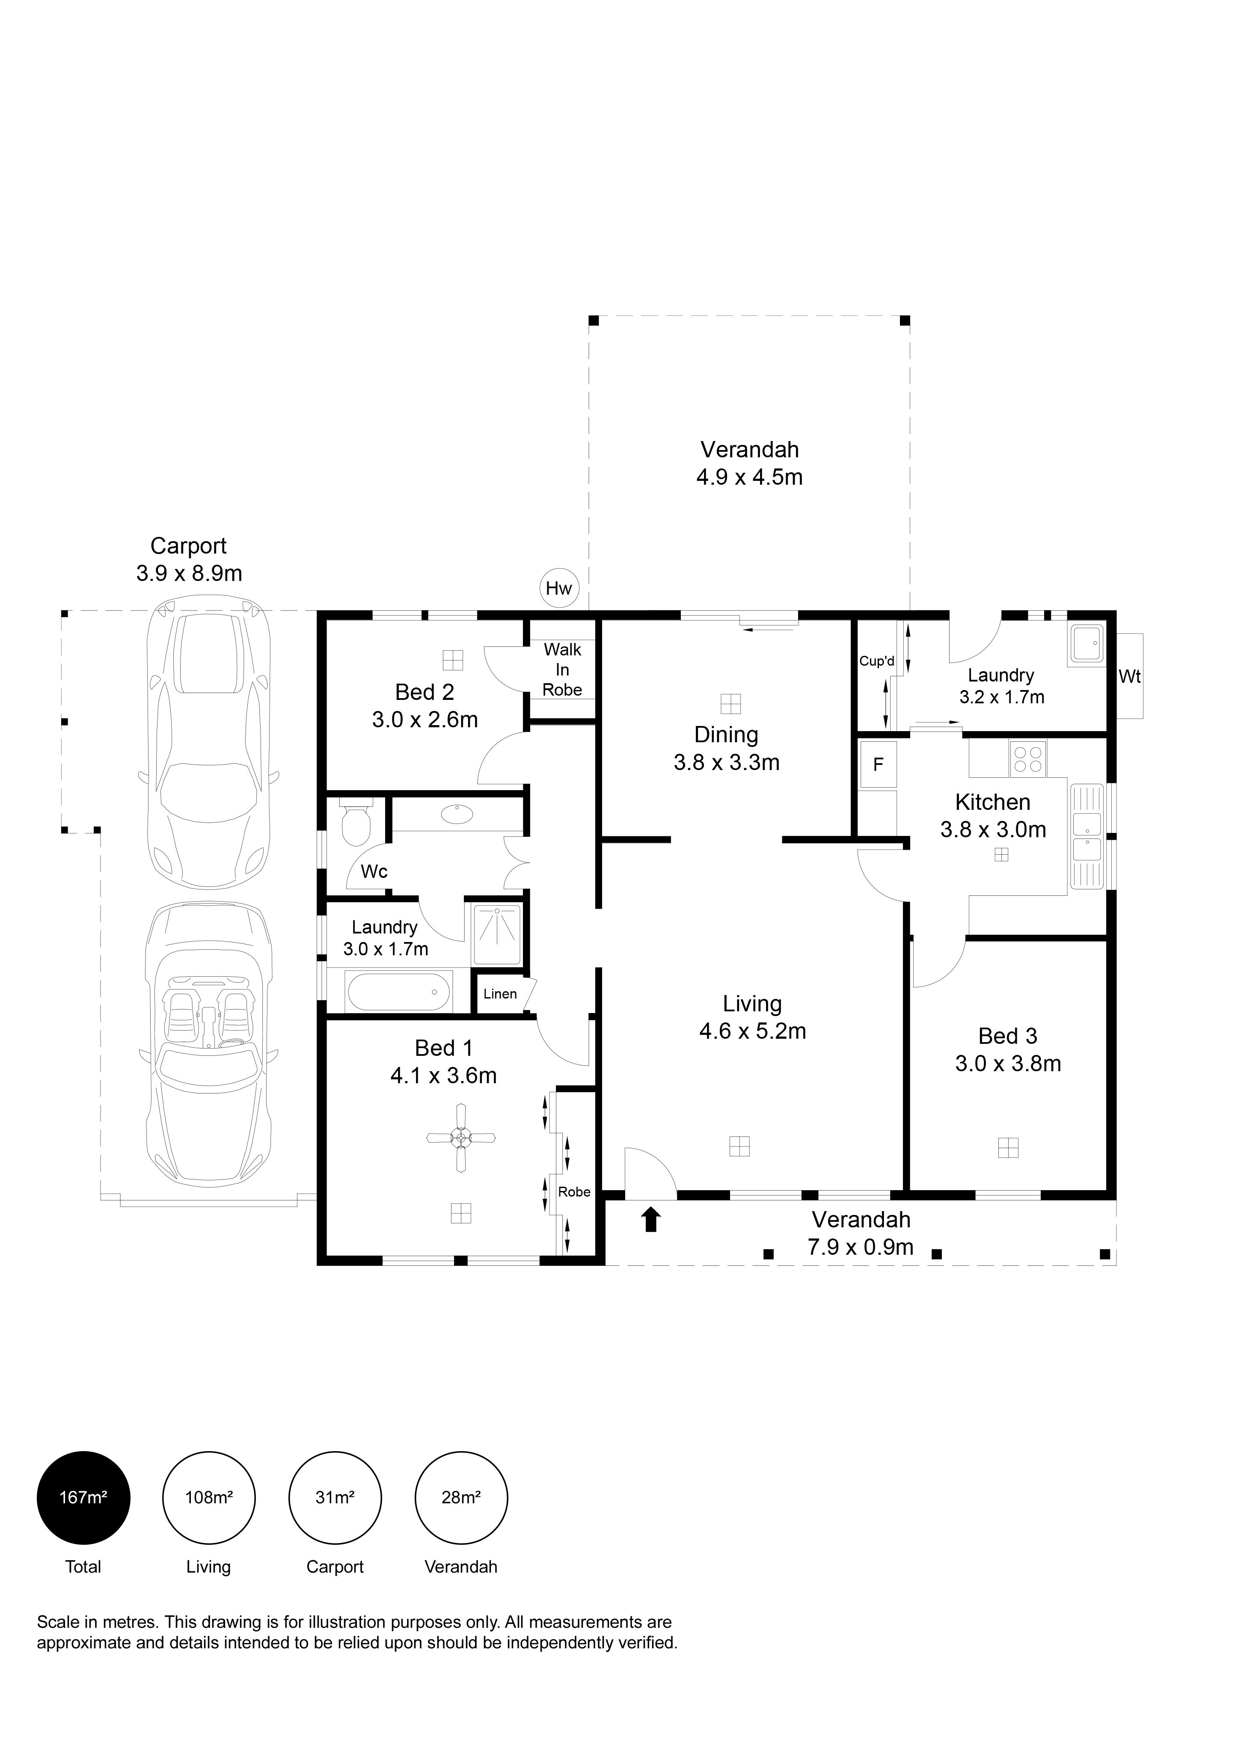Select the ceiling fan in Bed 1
pyautogui.click(x=461, y=1139)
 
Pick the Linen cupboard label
pyautogui.click(x=500, y=994)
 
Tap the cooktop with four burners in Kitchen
pyautogui.click(x=1027, y=759)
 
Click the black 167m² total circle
pyautogui.click(x=83, y=1498)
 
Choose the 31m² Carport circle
pyautogui.click(x=335, y=1498)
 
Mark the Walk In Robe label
pyautogui.click(x=562, y=670)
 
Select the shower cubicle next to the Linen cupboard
pyautogui.click(x=496, y=934)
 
